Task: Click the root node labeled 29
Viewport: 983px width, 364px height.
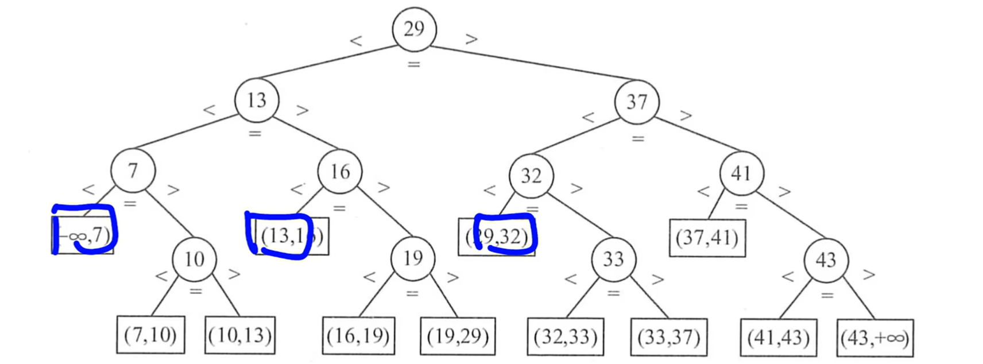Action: pos(414,29)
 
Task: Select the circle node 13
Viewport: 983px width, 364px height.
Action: pos(257,100)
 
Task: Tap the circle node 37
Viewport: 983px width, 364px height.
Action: pos(636,102)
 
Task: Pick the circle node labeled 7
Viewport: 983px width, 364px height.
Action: pos(133,171)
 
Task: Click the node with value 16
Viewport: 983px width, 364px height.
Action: pos(340,172)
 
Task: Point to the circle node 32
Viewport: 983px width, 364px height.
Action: pos(531,175)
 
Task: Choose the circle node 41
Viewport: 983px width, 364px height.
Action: pos(741,173)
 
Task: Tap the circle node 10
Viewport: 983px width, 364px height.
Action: pos(194,259)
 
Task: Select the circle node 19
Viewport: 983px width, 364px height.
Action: pos(413,258)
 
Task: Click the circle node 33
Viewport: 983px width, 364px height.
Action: pos(613,260)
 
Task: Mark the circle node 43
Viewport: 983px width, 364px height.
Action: pos(826,260)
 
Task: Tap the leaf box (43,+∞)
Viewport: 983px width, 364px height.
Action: pos(874,338)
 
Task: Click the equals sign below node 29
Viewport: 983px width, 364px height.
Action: pos(413,64)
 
